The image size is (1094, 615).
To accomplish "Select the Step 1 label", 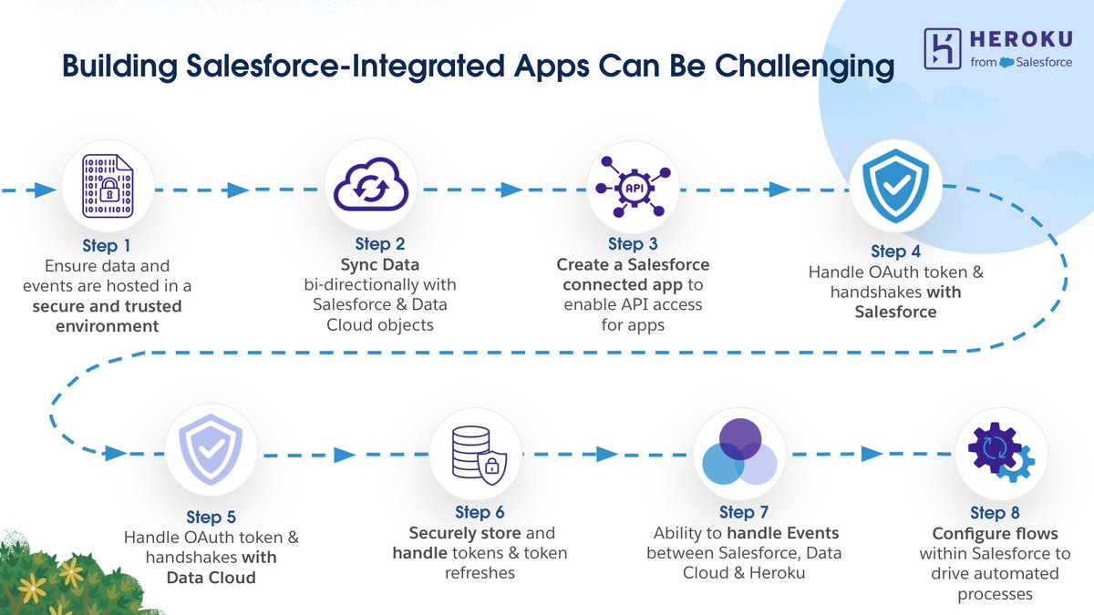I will click(x=108, y=246).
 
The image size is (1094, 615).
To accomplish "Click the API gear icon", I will click(x=632, y=187).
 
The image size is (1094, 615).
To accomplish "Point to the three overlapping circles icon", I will click(x=739, y=453).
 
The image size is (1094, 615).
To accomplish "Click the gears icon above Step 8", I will click(x=1000, y=454).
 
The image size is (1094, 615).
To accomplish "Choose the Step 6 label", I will click(x=480, y=513).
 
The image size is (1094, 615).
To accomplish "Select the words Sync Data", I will click(x=380, y=265).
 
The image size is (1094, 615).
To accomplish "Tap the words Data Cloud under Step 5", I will click(x=211, y=578).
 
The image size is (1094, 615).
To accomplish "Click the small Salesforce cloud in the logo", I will click(x=1006, y=62).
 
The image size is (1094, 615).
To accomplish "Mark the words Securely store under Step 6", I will click(x=465, y=533).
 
